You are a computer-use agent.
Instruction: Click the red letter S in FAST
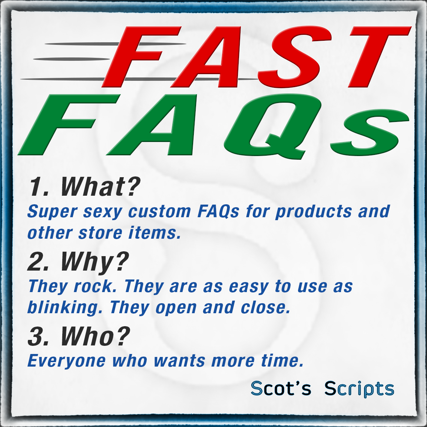point(294,57)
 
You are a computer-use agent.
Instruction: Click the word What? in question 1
point(100,186)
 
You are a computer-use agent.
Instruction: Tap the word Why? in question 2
point(95,262)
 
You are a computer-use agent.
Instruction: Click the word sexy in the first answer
point(103,212)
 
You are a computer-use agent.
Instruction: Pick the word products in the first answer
point(314,212)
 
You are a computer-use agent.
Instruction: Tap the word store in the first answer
point(100,233)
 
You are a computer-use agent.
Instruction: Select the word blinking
point(65,308)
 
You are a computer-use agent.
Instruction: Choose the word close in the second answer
point(265,308)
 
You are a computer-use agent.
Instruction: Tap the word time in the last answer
point(282,361)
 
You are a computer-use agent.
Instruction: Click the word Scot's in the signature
point(281,388)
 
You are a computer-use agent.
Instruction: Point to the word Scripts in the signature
point(359,389)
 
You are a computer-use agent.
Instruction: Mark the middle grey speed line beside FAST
point(71,59)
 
